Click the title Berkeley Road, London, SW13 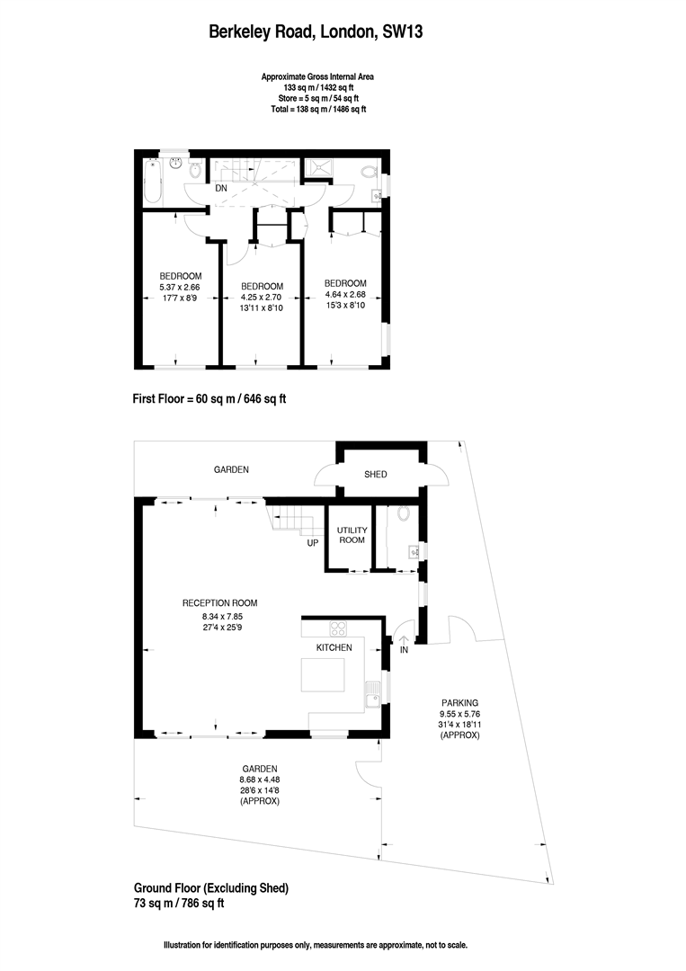pyautogui.click(x=316, y=33)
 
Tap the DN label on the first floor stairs pyautogui.click(x=220, y=189)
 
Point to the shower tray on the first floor pyautogui.click(x=318, y=167)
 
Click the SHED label pyautogui.click(x=376, y=474)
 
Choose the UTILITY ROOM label pyautogui.click(x=351, y=535)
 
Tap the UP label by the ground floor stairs pyautogui.click(x=313, y=543)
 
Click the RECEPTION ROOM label pyautogui.click(x=219, y=603)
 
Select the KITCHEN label pyautogui.click(x=333, y=647)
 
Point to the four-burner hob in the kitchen pyautogui.click(x=340, y=628)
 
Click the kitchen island pyautogui.click(x=322, y=674)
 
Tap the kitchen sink pyautogui.click(x=370, y=692)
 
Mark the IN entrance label pyautogui.click(x=404, y=649)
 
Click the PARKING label pyautogui.click(x=459, y=703)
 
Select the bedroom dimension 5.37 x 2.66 pyautogui.click(x=180, y=288)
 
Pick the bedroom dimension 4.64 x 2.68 pyautogui.click(x=345, y=293)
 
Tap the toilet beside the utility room pyautogui.click(x=402, y=515)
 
